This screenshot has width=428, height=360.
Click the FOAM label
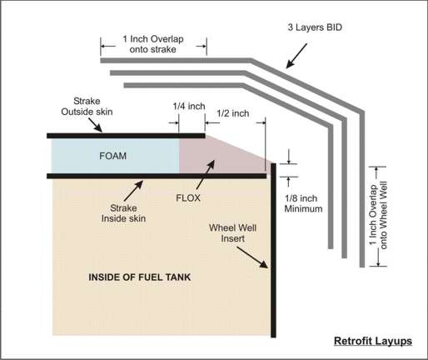[x=112, y=156]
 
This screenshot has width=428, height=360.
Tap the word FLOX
[x=188, y=198]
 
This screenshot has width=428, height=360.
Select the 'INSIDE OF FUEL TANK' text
[x=140, y=277]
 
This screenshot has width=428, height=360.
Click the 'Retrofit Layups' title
[x=373, y=341]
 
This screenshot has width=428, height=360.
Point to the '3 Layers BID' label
[x=315, y=27]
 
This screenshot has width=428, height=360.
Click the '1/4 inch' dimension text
[x=189, y=106]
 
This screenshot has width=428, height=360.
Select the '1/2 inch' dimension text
[x=232, y=113]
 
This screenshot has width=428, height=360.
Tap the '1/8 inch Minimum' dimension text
[x=303, y=203]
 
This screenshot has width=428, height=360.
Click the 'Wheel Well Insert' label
[x=232, y=233]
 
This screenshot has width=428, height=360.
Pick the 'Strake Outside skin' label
[x=87, y=107]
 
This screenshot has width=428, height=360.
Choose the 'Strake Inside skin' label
[x=123, y=213]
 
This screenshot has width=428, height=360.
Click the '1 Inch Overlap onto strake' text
[x=153, y=44]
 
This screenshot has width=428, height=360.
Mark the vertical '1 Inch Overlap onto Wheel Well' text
[x=378, y=215]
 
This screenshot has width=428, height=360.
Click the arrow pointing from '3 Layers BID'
[x=296, y=56]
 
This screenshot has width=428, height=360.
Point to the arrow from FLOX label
[x=206, y=175]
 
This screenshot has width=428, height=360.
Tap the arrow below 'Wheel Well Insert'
[x=252, y=257]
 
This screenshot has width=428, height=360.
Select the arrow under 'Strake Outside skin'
[x=95, y=125]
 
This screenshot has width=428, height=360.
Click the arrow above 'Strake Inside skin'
[x=133, y=191]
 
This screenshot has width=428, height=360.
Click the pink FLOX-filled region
[x=211, y=157]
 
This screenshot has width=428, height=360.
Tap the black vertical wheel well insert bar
[x=273, y=250]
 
